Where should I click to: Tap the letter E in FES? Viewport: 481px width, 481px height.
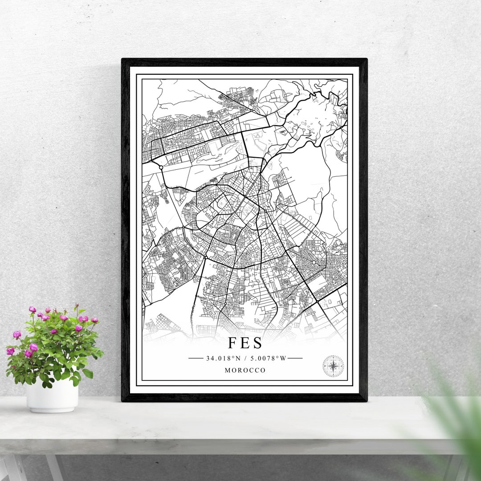click(245, 343)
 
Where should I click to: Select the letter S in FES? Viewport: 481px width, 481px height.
click(257, 343)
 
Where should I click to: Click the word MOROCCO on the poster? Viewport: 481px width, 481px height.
click(245, 371)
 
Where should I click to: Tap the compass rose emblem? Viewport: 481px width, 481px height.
click(333, 366)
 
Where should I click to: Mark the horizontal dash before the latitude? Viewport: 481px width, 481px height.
click(196, 358)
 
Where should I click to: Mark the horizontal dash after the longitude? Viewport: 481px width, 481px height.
click(295, 358)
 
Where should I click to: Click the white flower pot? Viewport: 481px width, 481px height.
click(52, 396)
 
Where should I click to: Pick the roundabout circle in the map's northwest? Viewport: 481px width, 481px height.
click(160, 167)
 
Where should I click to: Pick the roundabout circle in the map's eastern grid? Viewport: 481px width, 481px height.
click(314, 262)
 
